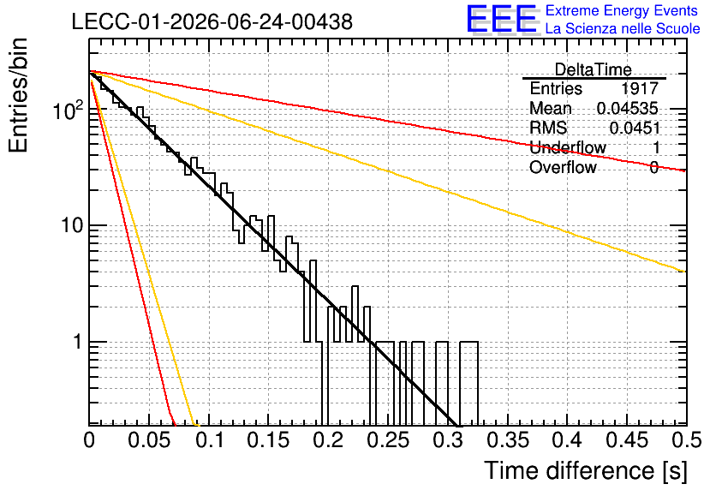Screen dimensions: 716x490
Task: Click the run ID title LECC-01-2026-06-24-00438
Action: point(212,21)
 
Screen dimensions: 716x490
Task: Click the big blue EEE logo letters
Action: point(502,19)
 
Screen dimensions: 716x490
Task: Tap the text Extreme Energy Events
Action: point(622,10)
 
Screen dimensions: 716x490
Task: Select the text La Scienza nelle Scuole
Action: point(623,28)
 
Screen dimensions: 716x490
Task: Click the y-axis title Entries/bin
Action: point(18,95)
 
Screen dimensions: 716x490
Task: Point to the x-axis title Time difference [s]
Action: point(586,470)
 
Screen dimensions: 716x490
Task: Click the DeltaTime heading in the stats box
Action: point(594,69)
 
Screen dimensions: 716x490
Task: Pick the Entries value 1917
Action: point(640,88)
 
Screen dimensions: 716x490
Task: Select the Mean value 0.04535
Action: point(628,108)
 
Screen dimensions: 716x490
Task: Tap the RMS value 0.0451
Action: point(635,128)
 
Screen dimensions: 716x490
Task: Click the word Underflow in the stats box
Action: point(568,147)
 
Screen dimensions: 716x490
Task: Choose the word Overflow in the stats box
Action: point(563,167)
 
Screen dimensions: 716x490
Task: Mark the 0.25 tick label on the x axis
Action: point(389,439)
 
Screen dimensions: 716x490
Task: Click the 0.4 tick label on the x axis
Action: point(567,439)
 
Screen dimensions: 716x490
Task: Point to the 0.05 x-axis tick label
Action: point(149,439)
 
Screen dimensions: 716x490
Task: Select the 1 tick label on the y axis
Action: point(78,342)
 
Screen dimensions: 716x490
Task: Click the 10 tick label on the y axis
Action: point(73,225)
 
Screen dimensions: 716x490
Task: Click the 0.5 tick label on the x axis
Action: point(687,439)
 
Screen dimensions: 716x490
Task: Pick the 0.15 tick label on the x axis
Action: point(269,439)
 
